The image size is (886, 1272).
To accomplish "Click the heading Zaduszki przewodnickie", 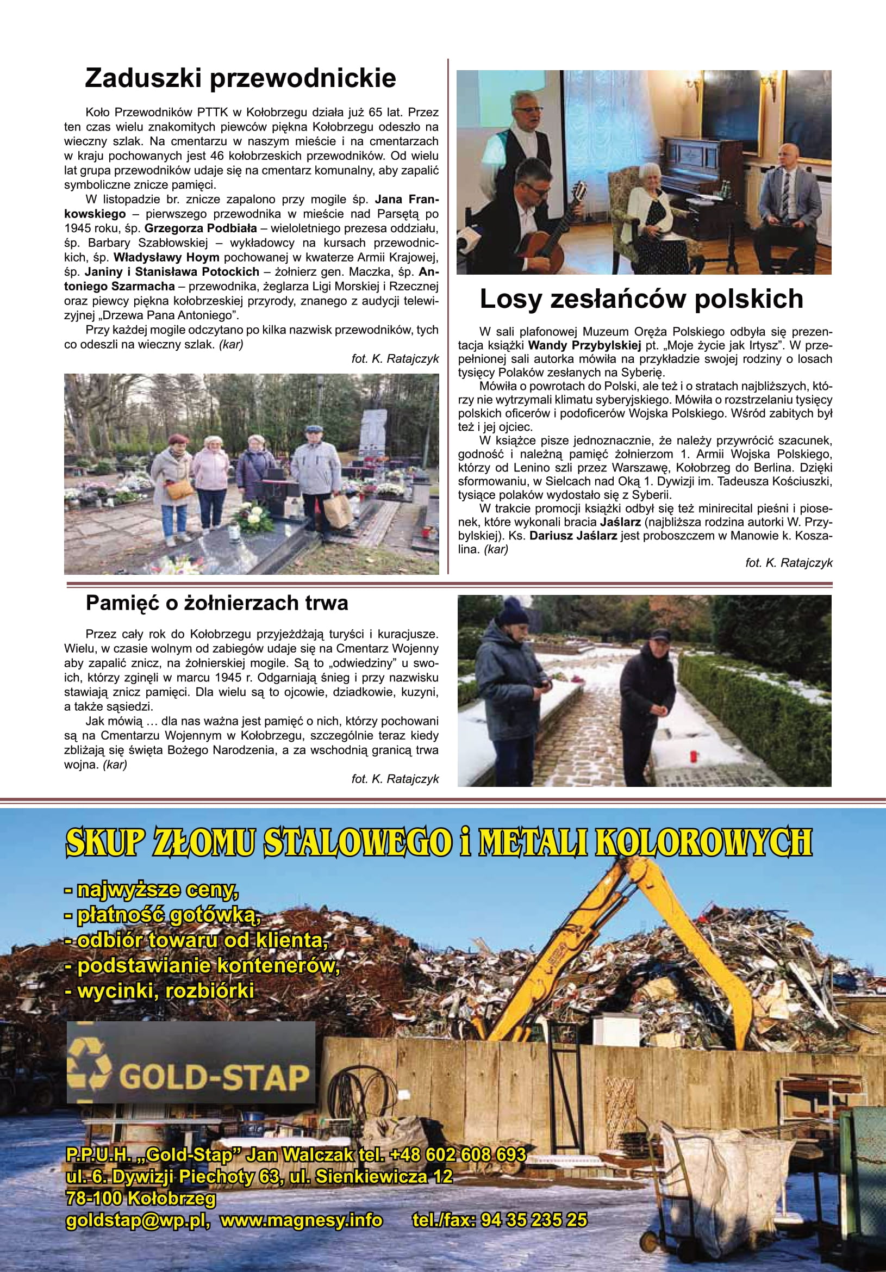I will click(x=240, y=78).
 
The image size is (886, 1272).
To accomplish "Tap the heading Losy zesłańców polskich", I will click(x=641, y=299).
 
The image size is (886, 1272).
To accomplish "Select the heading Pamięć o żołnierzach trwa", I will click(x=217, y=603).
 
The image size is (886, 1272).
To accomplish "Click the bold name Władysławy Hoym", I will click(x=167, y=257).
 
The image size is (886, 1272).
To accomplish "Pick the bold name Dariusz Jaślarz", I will click(x=573, y=536).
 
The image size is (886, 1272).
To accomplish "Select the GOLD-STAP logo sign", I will click(x=191, y=1063).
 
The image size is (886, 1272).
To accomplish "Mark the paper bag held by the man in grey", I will click(x=337, y=510).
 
